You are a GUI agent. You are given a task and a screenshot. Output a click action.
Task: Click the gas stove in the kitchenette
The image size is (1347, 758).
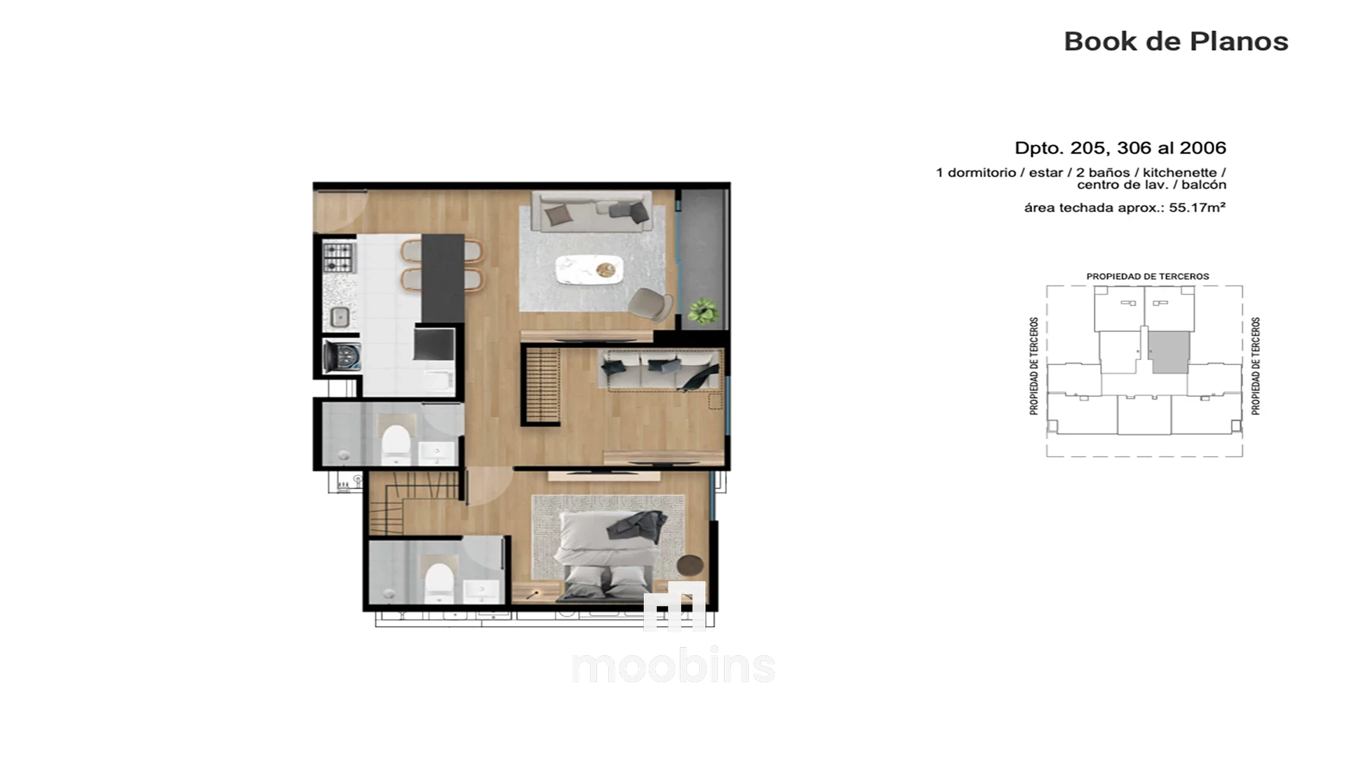pyautogui.click(x=339, y=257)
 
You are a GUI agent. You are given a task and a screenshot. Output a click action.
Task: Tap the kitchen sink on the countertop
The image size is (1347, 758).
pyautogui.click(x=340, y=317)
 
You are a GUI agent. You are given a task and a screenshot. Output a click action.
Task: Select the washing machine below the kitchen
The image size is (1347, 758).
pyautogui.click(x=342, y=356)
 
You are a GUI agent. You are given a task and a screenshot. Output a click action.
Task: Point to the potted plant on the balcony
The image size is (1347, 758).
pyautogui.click(x=702, y=311)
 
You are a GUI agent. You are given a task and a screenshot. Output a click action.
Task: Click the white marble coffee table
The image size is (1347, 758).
pyautogui.click(x=589, y=270)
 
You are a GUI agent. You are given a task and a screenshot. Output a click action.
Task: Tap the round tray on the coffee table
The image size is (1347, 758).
pyautogui.click(x=605, y=269)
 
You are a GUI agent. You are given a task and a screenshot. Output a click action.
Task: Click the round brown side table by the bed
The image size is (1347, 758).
pyautogui.click(x=691, y=565)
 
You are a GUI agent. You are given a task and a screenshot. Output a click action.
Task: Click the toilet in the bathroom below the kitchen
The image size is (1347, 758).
pyautogui.click(x=395, y=444)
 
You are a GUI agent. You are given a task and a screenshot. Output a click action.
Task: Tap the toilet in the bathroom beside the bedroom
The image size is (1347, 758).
pyautogui.click(x=440, y=583)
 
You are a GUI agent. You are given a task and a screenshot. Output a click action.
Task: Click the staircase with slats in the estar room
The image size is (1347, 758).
pyautogui.click(x=542, y=385)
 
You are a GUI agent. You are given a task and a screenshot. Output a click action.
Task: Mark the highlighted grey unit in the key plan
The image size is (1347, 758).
pyautogui.click(x=1170, y=352)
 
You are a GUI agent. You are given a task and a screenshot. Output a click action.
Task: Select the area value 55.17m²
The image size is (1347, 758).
pyautogui.click(x=1198, y=208)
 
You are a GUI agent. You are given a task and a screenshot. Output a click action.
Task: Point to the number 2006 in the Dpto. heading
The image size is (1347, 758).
pyautogui.click(x=1202, y=148)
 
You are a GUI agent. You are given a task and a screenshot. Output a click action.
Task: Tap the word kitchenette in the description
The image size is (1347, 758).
pyautogui.click(x=1180, y=173)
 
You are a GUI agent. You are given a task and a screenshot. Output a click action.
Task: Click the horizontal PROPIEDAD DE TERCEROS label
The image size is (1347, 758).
pyautogui.click(x=1148, y=277)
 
